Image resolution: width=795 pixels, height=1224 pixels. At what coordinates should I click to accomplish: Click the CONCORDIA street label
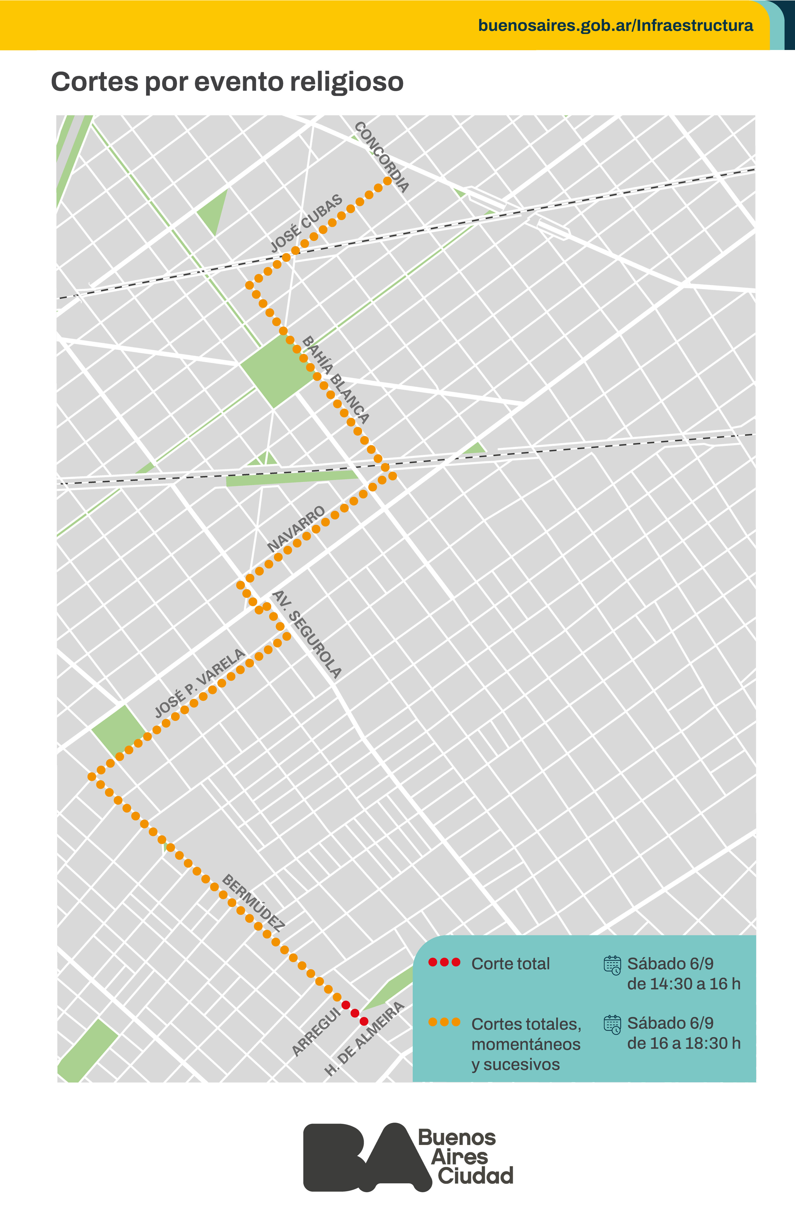[382, 157]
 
